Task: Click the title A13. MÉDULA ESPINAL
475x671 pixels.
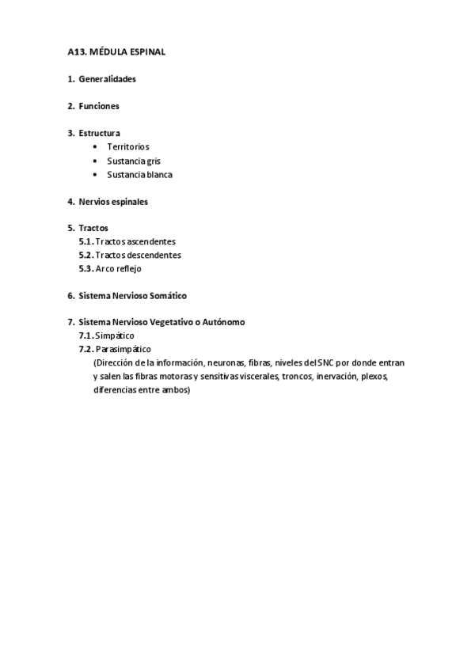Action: coord(116,52)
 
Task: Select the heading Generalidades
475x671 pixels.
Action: coord(108,79)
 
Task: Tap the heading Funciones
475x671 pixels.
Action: coord(99,106)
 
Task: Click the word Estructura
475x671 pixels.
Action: coord(100,133)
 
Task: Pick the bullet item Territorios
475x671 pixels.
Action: coord(128,146)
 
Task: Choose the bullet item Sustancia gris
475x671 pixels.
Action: coord(134,161)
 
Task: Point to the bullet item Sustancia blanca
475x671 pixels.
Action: coord(139,174)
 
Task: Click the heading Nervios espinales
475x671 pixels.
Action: coord(113,201)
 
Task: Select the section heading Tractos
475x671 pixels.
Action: coord(93,228)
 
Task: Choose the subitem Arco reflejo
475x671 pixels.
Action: coord(118,268)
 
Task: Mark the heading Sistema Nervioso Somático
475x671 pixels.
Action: coord(132,295)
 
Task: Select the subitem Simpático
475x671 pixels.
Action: coord(115,335)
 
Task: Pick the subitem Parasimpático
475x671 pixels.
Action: coord(123,349)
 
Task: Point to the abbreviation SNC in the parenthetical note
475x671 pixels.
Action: coord(325,362)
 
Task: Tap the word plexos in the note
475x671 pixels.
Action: coord(374,376)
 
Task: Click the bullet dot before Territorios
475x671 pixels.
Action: coord(96,146)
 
